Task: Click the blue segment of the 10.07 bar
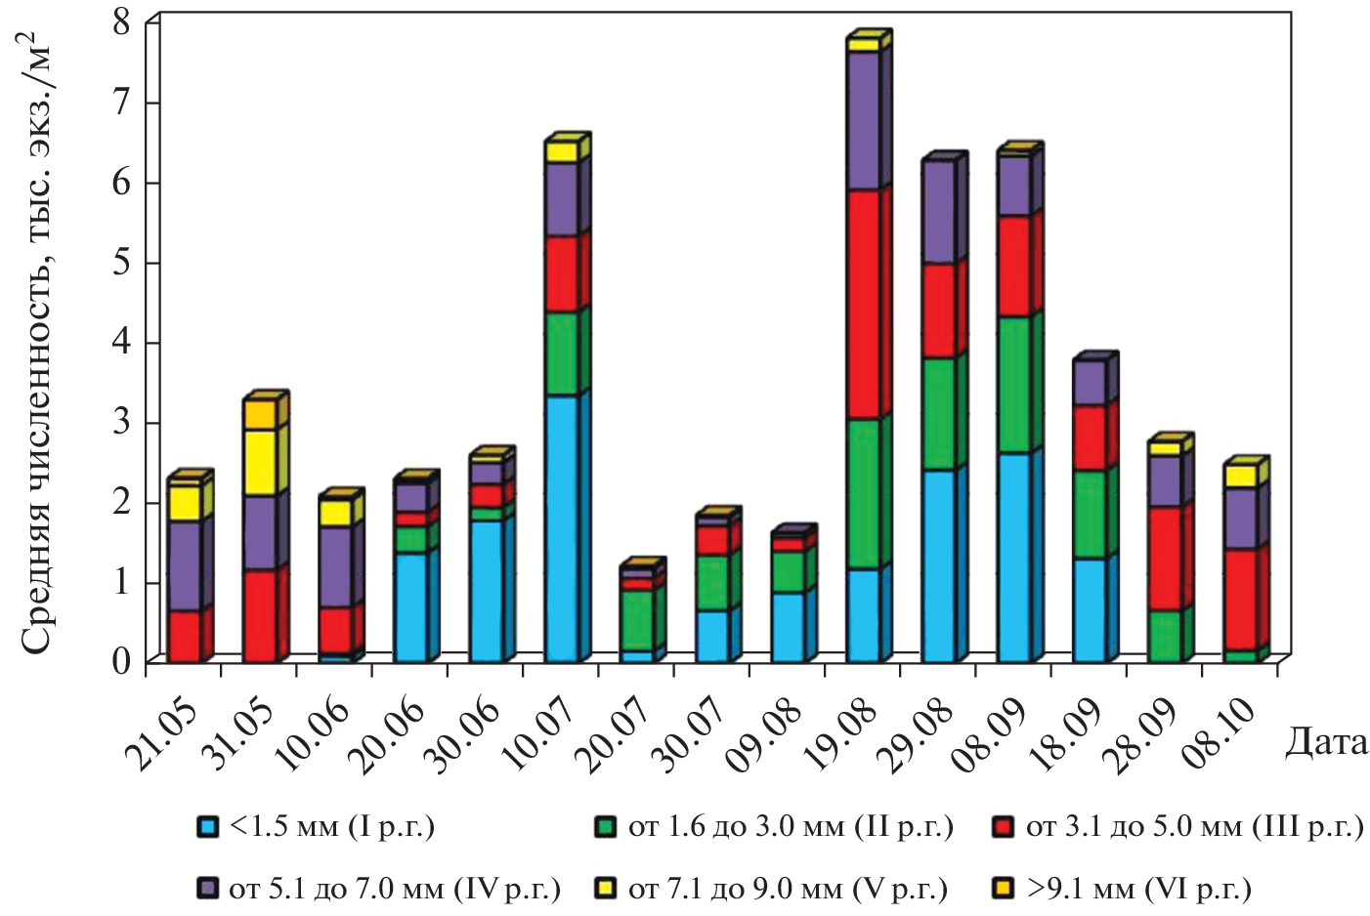coord(561,528)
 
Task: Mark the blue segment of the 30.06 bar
coord(486,590)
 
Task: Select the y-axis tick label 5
coord(121,264)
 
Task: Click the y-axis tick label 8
coord(121,21)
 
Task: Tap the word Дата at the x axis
coord(1326,743)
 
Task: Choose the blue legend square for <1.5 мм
coord(205,827)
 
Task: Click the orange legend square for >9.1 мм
coord(1002,889)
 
